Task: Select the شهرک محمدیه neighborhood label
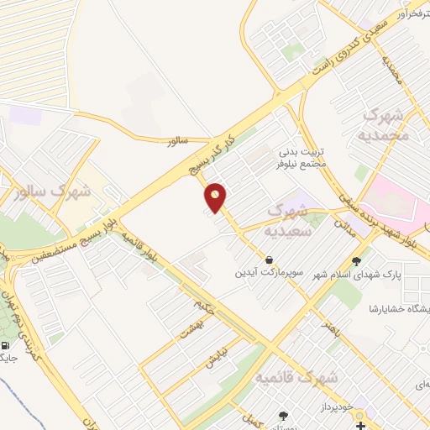pyautogui.click(x=387, y=123)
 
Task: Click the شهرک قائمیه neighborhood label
pyautogui.click(x=296, y=378)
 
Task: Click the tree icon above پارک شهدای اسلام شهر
pyautogui.click(x=358, y=260)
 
